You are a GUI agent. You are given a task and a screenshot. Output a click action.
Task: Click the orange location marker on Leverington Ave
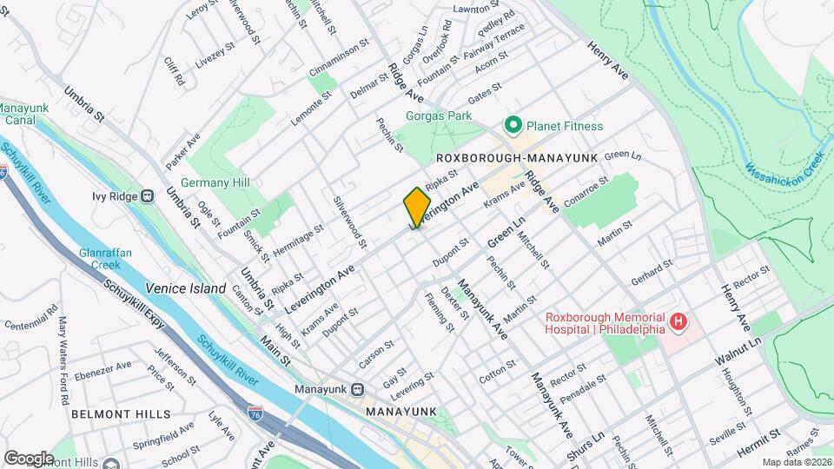click(x=417, y=207)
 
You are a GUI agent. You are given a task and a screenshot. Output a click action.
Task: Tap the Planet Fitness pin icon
click(x=513, y=127)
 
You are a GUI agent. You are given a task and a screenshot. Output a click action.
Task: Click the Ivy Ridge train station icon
click(x=148, y=195)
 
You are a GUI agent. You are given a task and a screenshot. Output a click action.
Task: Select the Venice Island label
click(x=185, y=288)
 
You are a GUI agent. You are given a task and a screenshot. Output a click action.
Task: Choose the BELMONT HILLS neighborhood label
click(x=109, y=414)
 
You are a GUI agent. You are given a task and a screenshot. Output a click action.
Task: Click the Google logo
click(x=29, y=458)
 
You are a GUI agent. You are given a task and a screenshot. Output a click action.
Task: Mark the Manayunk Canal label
click(x=17, y=114)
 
